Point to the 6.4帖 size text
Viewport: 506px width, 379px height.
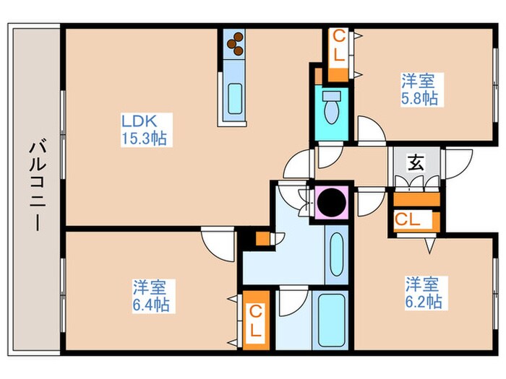151,305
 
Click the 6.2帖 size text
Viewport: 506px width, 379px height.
423,301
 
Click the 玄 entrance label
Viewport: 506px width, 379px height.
416,162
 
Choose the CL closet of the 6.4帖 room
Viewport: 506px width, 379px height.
255,321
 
